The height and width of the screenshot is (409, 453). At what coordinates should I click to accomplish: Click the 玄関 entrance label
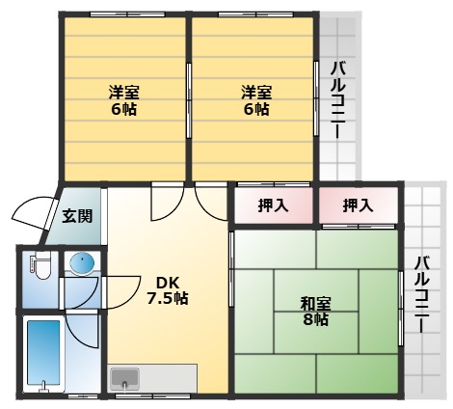pos(78,216)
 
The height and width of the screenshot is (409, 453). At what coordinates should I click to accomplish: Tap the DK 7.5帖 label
pos(167,289)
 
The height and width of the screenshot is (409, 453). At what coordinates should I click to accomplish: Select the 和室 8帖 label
pos(314,311)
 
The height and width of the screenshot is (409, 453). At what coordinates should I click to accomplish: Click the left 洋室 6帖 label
pos(122,101)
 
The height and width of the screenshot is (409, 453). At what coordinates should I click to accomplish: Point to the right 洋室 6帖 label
pos(255,101)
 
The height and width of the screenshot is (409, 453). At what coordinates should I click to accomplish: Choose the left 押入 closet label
pos(273,204)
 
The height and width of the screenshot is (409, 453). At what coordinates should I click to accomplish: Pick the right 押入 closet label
pos(359,204)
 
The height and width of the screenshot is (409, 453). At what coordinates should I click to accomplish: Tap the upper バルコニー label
pos(338,100)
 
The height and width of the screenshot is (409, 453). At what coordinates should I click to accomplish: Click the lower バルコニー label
pos(421,293)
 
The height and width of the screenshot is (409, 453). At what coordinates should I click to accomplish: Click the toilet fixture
pos(39,266)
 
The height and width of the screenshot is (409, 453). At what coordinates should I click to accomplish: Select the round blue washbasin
pos(80,262)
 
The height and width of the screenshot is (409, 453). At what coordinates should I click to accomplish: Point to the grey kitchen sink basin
pos(125,377)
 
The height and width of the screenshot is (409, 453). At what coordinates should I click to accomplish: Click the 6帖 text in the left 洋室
pos(122,110)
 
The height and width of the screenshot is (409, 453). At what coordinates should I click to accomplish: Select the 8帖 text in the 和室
pos(314,319)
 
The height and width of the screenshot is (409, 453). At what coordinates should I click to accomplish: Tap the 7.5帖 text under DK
pos(167,298)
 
